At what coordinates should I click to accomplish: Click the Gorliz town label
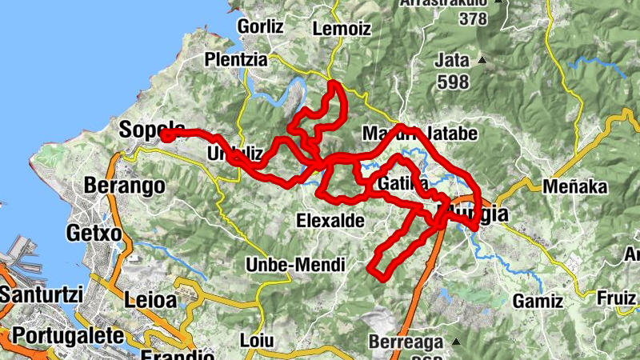pos(261,26)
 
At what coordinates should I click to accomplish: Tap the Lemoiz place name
pos(342,29)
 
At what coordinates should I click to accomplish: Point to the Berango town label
pos(125,186)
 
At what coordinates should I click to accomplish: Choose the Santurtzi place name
pos(41,294)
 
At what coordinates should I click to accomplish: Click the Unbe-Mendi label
pos(295,264)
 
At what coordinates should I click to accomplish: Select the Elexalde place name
pos(330,219)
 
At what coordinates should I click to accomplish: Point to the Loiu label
pos(257,340)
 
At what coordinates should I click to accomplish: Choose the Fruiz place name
pos(617,298)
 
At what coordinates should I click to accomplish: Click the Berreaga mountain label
pos(406,342)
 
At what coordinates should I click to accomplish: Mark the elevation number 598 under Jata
pos(452,81)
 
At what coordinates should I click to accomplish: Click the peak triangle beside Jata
pos(482,60)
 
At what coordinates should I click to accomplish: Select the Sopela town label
pos(152,129)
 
